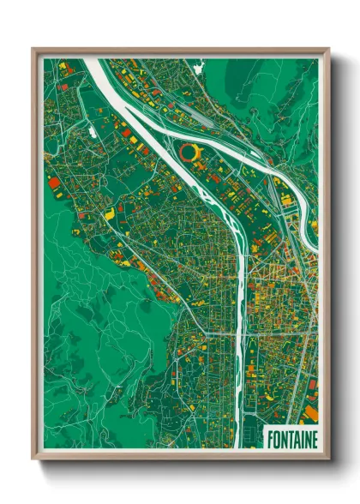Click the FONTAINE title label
291,439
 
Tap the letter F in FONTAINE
269,439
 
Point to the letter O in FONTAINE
275,439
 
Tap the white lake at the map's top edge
201,63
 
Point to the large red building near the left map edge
54,182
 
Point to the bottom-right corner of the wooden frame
328,459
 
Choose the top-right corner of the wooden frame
328,50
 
